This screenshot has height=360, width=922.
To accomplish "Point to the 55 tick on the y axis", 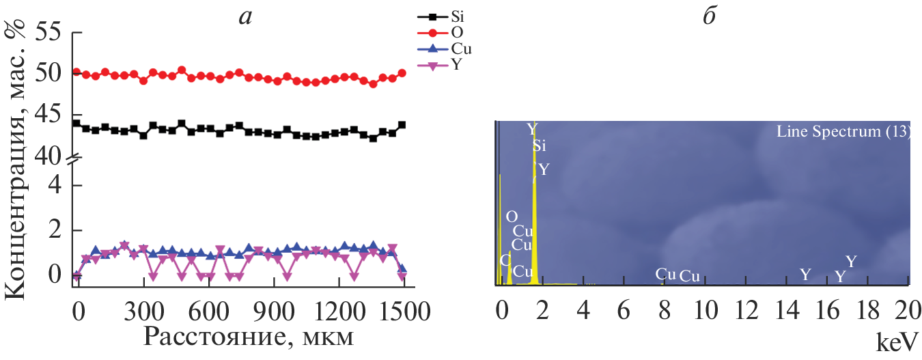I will point(47,32).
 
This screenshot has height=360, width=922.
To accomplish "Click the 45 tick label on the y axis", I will point(47,113).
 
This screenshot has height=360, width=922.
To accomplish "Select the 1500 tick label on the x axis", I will point(406,311).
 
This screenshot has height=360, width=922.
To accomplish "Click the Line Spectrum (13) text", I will point(843,132).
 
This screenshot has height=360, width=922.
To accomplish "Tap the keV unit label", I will point(897,340).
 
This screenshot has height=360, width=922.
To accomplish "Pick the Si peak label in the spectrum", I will point(540,145).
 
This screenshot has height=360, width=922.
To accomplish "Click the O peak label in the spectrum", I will point(512,217).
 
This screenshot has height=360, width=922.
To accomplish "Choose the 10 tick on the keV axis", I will point(703,311).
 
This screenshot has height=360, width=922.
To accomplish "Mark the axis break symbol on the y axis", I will point(76,159).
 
